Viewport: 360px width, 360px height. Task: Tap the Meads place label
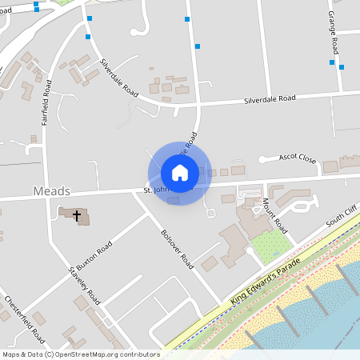(x=53, y=192)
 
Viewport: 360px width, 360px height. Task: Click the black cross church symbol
(x=78, y=215)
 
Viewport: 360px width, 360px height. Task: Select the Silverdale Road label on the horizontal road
(x=270, y=98)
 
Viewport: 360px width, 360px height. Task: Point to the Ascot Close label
(x=298, y=158)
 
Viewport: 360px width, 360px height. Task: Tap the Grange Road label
(x=333, y=34)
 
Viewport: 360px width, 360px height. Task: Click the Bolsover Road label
(x=177, y=249)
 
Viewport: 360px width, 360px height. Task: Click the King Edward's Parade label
(x=264, y=280)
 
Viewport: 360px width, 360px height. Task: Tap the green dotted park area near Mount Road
(x=270, y=247)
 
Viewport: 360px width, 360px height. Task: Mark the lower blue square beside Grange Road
(x=342, y=67)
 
